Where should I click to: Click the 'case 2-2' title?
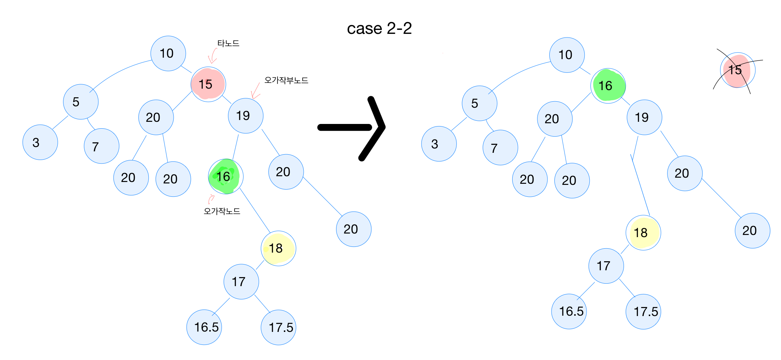pyautogui.click(x=379, y=28)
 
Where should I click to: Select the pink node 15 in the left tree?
pyautogui.click(x=208, y=84)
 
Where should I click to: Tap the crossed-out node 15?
pyautogui.click(x=737, y=70)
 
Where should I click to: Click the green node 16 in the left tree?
pyautogui.click(x=226, y=177)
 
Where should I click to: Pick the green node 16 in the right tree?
pyautogui.click(x=608, y=86)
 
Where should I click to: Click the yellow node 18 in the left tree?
pyautogui.click(x=278, y=248)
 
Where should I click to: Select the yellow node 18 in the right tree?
pyautogui.click(x=643, y=233)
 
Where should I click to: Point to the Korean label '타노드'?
pyautogui.click(x=228, y=44)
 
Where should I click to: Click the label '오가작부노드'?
pyautogui.click(x=286, y=80)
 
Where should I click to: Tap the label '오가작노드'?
pyautogui.click(x=222, y=211)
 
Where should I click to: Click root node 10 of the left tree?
pyautogui.click(x=168, y=53)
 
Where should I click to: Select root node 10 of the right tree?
pyautogui.click(x=567, y=55)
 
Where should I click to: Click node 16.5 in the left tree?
pyautogui.click(x=204, y=327)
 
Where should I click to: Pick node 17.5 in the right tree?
pyautogui.click(x=643, y=312)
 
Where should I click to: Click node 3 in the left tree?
pyautogui.click(x=40, y=142)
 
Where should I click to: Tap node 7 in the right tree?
pyautogui.click(x=500, y=148)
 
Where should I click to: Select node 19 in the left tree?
pyautogui.click(x=246, y=116)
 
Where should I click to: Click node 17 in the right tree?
pyautogui.click(x=606, y=266)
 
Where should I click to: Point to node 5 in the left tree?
pyautogui.click(x=80, y=102)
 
